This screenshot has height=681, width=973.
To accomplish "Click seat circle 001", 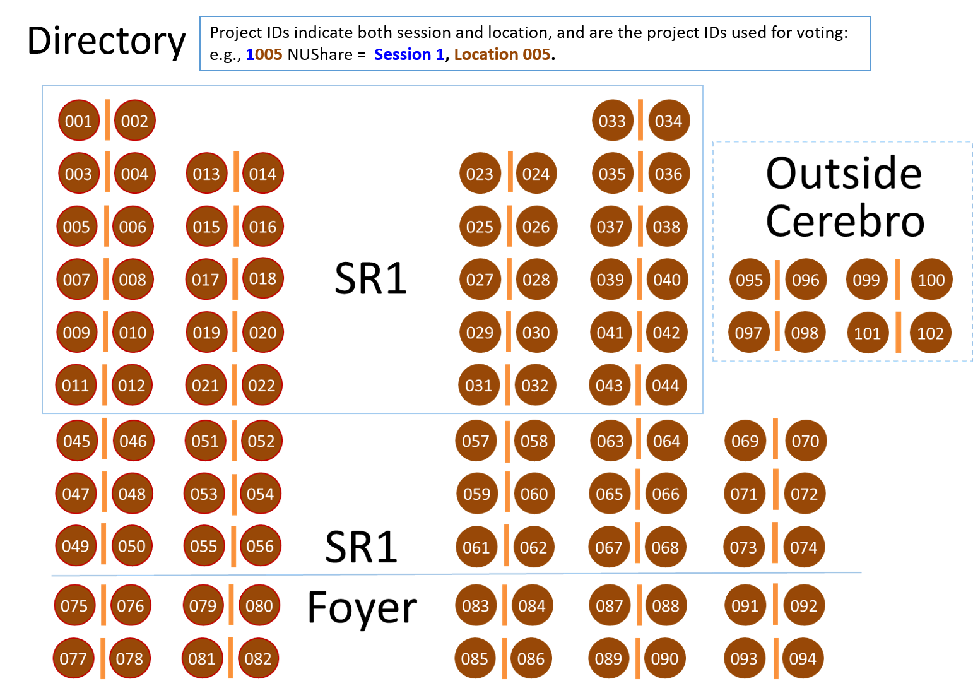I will click(x=78, y=121).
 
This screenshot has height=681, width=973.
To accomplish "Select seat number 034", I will click(x=669, y=121).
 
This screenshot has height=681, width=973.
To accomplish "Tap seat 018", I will click(x=262, y=278).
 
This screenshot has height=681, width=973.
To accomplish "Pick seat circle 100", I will click(x=931, y=280).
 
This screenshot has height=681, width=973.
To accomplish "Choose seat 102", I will click(x=930, y=333).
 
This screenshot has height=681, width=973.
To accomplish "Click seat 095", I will click(x=750, y=280).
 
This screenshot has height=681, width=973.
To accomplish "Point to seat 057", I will click(x=476, y=441).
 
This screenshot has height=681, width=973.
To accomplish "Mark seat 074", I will click(x=803, y=547).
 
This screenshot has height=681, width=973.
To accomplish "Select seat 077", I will click(x=73, y=658).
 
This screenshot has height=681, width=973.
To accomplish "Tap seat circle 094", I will click(x=803, y=658).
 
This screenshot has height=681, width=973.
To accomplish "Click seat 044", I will click(x=666, y=385).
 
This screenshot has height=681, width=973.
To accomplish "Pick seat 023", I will click(x=480, y=174).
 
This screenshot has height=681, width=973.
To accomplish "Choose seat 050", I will click(x=132, y=546).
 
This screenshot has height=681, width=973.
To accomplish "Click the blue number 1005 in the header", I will click(x=264, y=54).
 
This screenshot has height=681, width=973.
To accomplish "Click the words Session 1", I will click(x=409, y=54).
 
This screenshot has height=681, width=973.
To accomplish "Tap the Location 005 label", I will click(x=502, y=54).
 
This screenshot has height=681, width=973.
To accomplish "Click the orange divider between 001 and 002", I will click(x=107, y=120).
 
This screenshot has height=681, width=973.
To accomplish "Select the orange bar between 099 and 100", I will click(x=898, y=280).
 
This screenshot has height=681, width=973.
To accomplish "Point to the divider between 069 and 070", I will click(x=775, y=439).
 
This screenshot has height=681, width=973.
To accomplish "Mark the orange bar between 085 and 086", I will click(x=504, y=658).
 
